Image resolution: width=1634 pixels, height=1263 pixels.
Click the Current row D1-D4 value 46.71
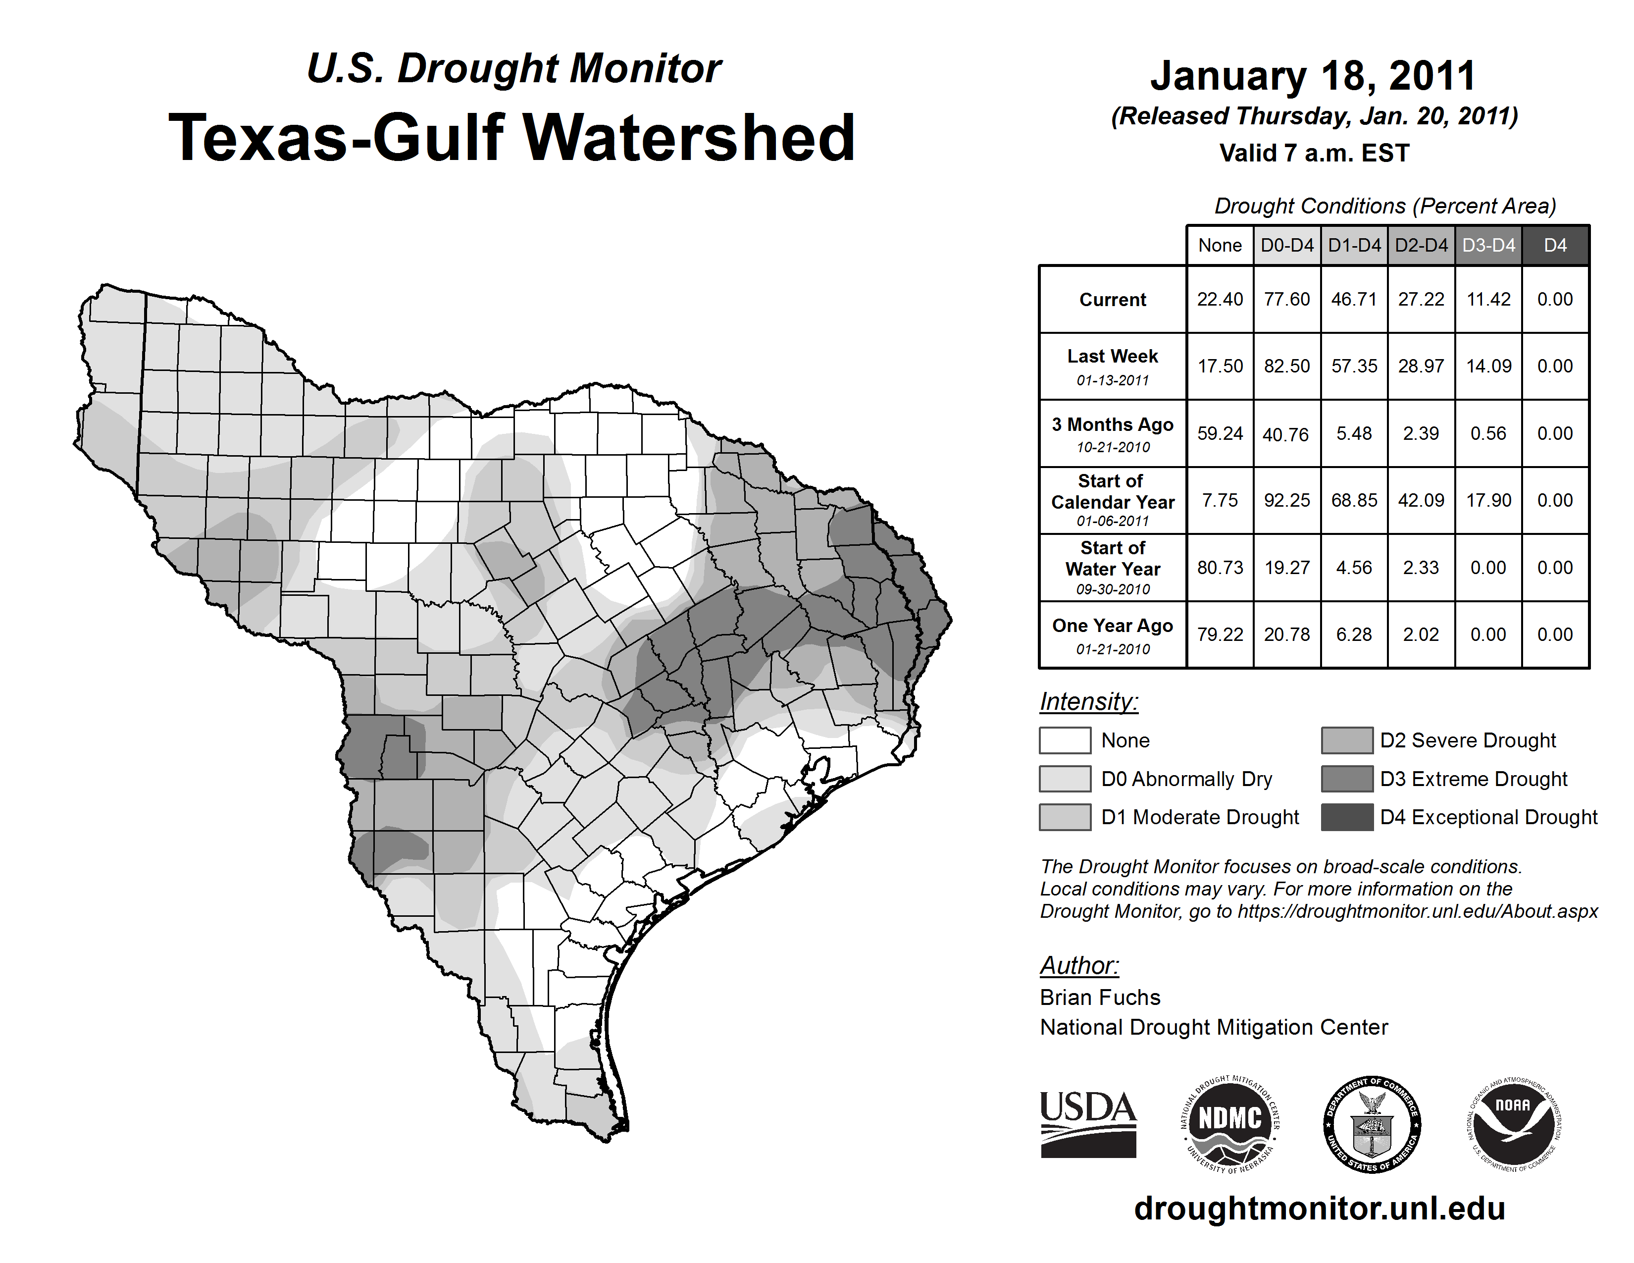point(1353,299)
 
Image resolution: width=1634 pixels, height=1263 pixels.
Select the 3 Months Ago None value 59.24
point(1220,434)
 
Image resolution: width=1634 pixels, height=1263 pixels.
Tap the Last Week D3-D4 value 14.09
point(1488,367)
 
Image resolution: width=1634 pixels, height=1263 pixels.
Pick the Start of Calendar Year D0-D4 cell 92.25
point(1287,501)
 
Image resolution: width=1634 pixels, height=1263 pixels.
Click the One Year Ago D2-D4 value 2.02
point(1421,634)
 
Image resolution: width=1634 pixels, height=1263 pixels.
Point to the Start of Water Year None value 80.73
point(1220,568)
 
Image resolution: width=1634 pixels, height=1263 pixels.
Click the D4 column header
point(1555,245)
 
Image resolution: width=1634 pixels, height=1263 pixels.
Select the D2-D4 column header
point(1421,245)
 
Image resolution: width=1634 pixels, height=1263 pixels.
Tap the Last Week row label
point(1113,366)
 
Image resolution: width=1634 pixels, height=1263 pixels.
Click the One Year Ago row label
point(1113,634)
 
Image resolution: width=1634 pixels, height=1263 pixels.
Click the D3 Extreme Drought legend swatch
point(1347,779)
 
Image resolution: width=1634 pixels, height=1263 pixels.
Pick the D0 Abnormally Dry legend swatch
point(1065,779)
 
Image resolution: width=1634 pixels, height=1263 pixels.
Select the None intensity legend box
point(1065,741)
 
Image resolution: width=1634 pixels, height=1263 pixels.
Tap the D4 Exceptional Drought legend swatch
point(1347,817)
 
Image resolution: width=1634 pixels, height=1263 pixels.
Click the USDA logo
point(1088,1124)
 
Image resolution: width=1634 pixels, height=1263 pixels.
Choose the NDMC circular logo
point(1230,1124)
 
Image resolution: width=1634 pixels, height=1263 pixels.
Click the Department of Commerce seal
point(1372,1124)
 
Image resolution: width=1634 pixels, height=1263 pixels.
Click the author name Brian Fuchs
point(1100,998)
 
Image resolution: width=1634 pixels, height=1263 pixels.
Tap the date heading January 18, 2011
point(1314,76)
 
